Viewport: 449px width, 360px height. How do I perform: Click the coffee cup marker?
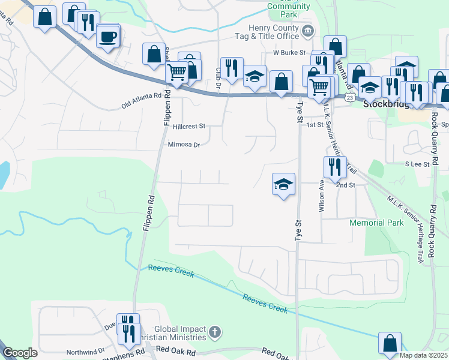pyautogui.click(x=108, y=37)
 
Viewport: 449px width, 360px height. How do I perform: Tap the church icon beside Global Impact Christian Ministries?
pyautogui.click(x=215, y=332)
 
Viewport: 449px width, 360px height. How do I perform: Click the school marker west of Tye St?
pyautogui.click(x=283, y=184)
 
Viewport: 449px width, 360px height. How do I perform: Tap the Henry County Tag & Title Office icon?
pyautogui.click(x=308, y=31)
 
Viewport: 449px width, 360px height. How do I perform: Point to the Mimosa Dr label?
pyautogui.click(x=183, y=145)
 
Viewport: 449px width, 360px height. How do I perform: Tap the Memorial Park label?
pyautogui.click(x=376, y=223)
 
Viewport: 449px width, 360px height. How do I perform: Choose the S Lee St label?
pyautogui.click(x=417, y=164)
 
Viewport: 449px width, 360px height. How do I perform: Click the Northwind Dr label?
pyautogui.click(x=85, y=352)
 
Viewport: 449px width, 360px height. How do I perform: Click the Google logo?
pyautogui.click(x=20, y=353)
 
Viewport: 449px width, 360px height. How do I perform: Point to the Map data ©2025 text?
pyautogui.click(x=424, y=356)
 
